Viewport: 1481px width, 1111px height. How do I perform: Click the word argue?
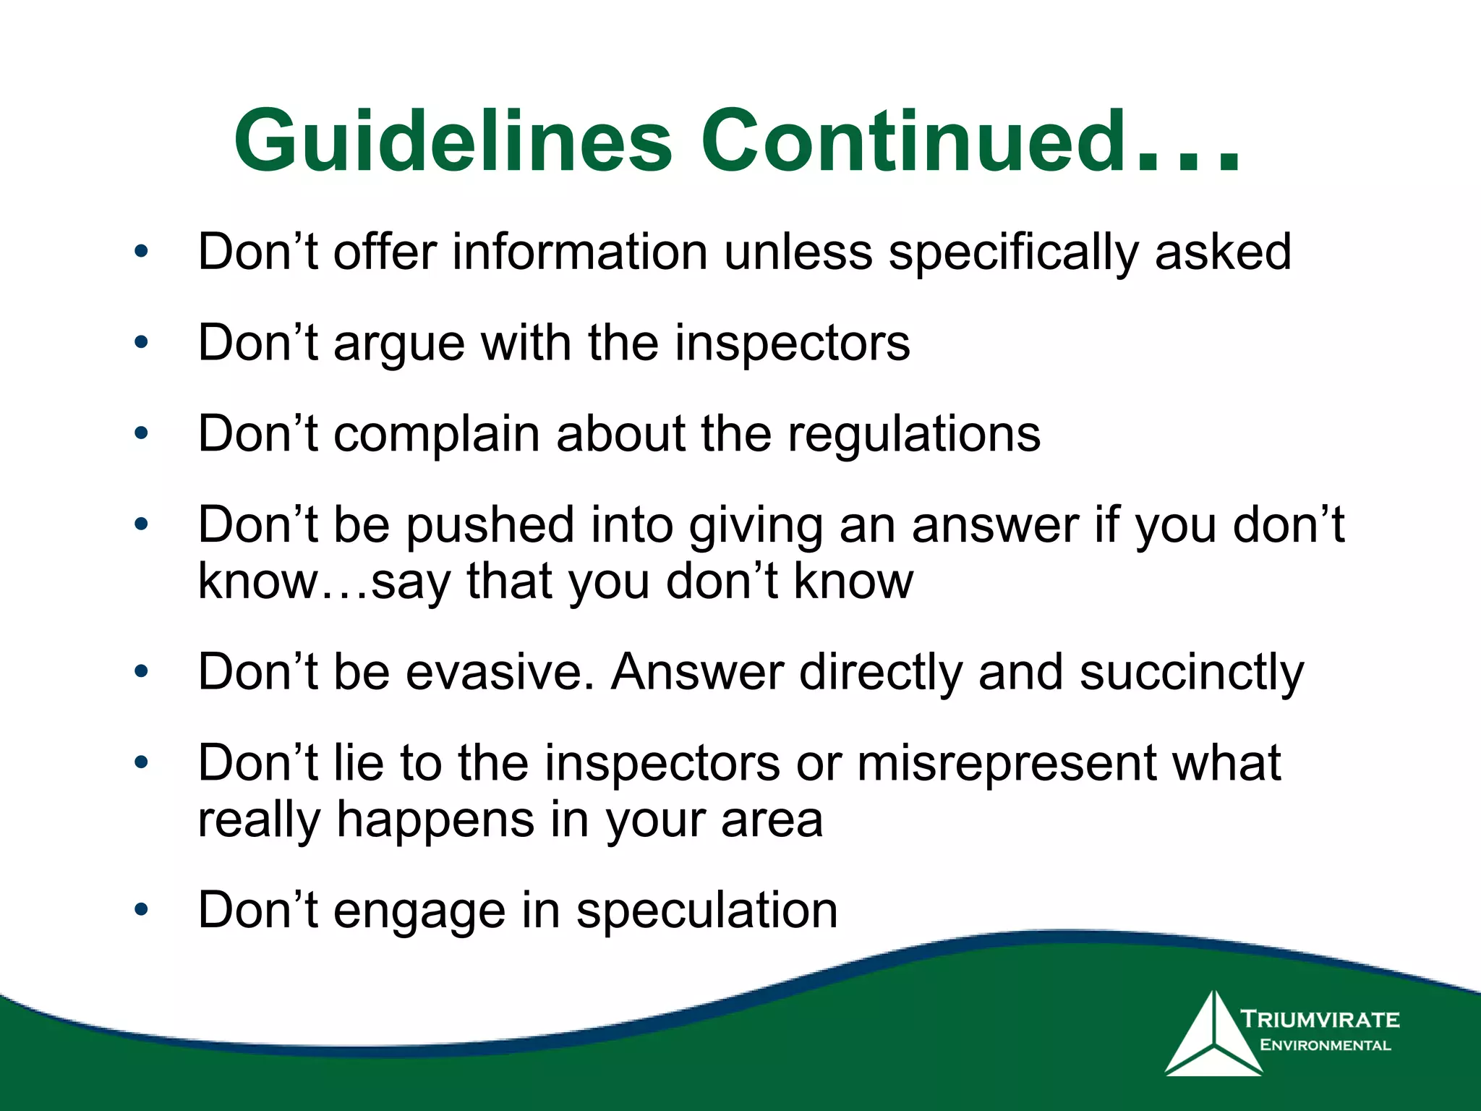[399, 344]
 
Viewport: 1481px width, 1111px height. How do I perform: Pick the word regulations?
[913, 435]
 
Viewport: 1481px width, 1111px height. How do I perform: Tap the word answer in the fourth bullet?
[995, 526]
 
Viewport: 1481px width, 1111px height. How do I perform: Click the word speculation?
[707, 911]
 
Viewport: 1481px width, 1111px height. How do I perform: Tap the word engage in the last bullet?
[419, 912]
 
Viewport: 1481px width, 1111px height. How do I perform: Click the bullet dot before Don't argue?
[142, 342]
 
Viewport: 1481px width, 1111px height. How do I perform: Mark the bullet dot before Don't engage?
[142, 909]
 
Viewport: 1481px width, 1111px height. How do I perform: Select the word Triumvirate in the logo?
[1320, 1020]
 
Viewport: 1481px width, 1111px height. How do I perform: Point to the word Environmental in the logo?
[1325, 1045]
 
